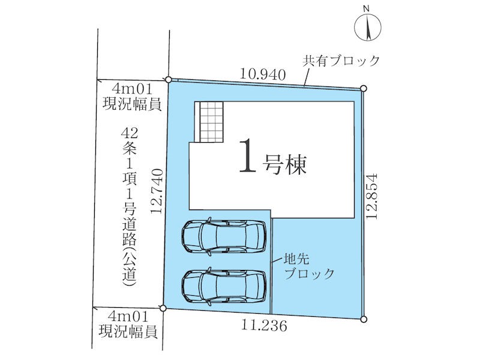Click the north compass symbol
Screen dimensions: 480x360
(x=368, y=27)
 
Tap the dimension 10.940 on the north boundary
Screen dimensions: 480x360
(x=263, y=74)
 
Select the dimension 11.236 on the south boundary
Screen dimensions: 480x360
(x=264, y=325)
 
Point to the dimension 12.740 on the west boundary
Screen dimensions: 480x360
(x=157, y=191)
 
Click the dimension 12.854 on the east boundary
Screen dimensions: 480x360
(x=372, y=196)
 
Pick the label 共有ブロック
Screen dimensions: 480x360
(x=341, y=61)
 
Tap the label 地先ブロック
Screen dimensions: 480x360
(x=309, y=266)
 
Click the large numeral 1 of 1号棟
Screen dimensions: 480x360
(x=247, y=155)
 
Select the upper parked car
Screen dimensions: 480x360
(x=224, y=236)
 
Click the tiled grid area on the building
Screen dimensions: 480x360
(x=211, y=122)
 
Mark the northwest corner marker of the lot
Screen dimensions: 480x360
(x=168, y=80)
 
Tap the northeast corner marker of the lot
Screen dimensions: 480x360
(x=364, y=88)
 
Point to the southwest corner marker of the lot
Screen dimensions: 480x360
(x=163, y=308)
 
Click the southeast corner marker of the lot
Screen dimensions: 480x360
(x=364, y=319)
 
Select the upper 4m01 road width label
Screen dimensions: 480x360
(x=132, y=89)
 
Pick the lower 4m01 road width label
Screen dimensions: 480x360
(x=128, y=316)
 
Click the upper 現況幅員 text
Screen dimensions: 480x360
(x=132, y=104)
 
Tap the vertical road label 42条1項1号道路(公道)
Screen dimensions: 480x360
(x=129, y=207)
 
